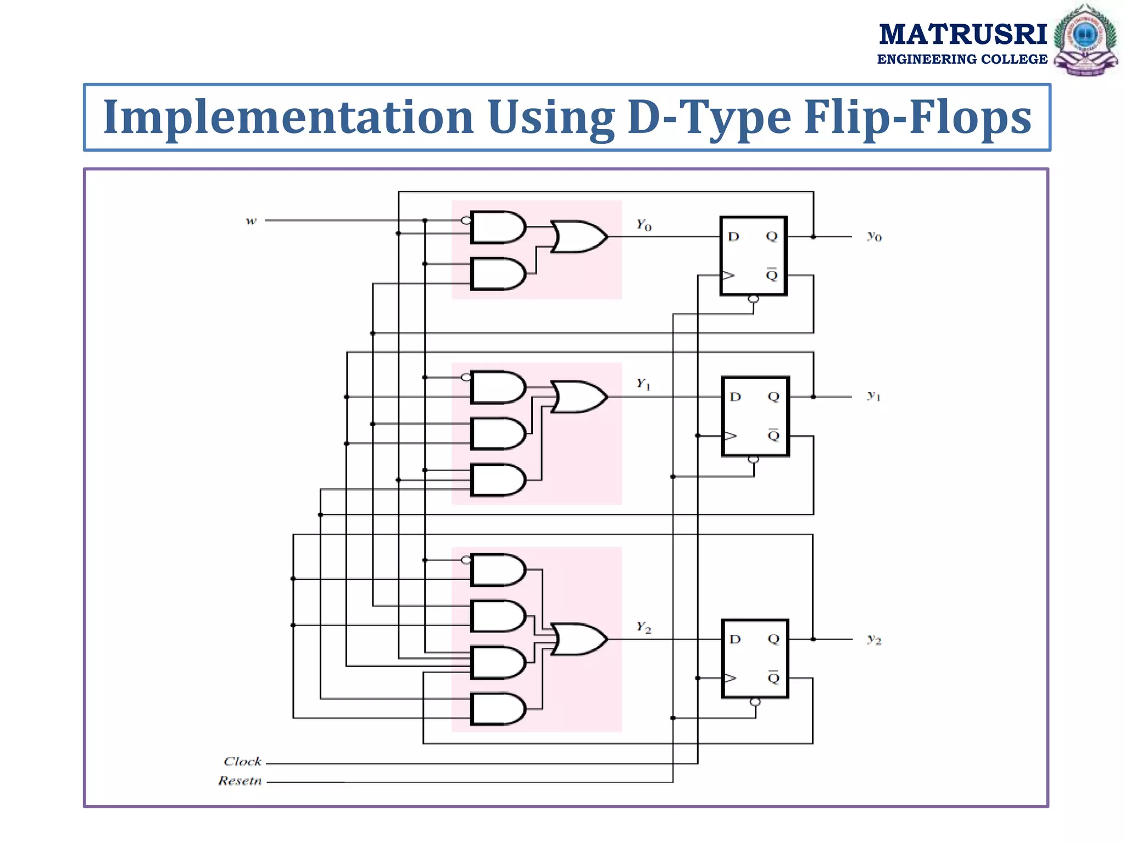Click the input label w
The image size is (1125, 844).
coord(251,221)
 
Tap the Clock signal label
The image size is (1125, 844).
coord(242,762)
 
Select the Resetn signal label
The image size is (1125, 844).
coord(240,781)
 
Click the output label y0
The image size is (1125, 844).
coord(874,236)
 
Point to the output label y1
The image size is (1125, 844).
coord(873,396)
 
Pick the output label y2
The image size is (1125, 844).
coord(874,639)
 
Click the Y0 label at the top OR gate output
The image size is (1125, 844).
coord(644,225)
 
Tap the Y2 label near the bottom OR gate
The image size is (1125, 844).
coord(644,627)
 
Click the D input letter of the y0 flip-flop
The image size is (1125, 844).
coord(733,237)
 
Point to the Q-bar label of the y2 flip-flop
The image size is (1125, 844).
coord(773,677)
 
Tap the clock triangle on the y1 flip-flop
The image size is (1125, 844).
coord(730,436)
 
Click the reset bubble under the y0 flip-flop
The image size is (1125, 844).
coord(754,299)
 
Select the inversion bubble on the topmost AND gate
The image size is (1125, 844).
coord(466,220)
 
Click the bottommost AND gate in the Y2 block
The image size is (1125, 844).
coord(497,709)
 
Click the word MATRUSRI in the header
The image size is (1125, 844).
coord(963,34)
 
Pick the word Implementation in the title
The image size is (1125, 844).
coord(288,117)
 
